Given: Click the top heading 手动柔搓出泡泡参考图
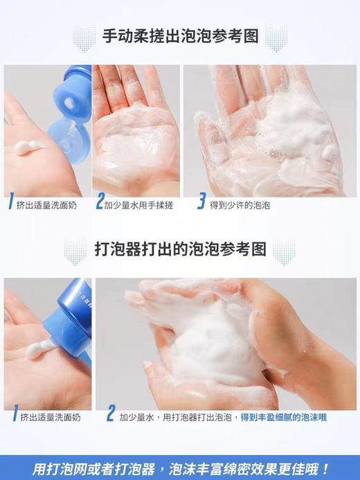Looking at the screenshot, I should [180, 35].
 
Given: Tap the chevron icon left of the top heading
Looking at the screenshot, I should [84, 37].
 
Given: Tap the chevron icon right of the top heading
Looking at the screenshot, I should [276, 37].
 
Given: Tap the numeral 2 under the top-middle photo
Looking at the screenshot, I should [100, 203].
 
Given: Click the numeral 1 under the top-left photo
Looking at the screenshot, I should [10, 204].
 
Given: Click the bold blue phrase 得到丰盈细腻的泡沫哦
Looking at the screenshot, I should [283, 417].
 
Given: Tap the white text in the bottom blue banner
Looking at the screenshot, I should [180, 467].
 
